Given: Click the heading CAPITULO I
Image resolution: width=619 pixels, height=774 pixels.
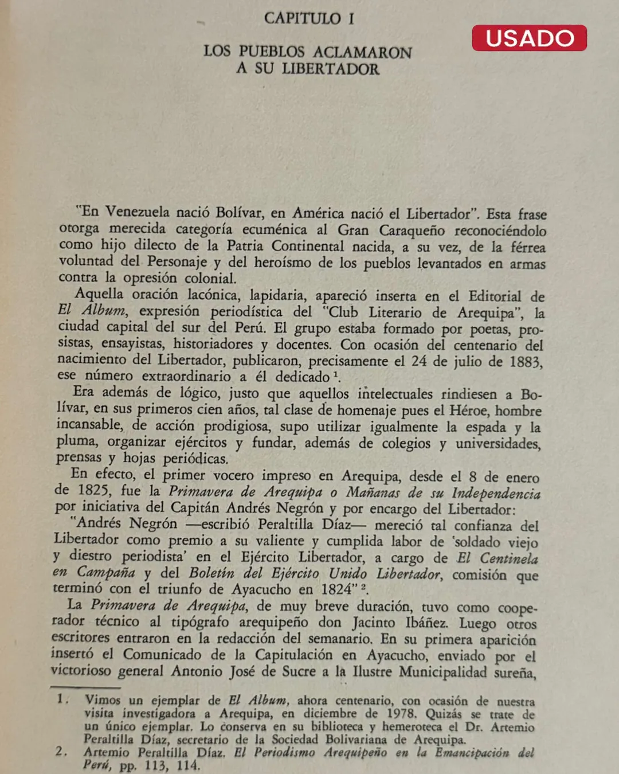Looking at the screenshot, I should click(x=309, y=19).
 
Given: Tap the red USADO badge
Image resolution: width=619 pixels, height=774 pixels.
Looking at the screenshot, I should click(x=529, y=38).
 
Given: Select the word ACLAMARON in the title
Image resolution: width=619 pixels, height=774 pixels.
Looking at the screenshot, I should click(x=362, y=53).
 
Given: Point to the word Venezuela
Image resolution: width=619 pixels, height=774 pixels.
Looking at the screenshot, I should click(x=138, y=212).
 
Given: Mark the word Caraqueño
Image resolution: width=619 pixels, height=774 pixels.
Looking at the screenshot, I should click(x=412, y=230).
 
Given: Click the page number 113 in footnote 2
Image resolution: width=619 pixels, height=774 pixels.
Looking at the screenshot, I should click(x=155, y=766).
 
